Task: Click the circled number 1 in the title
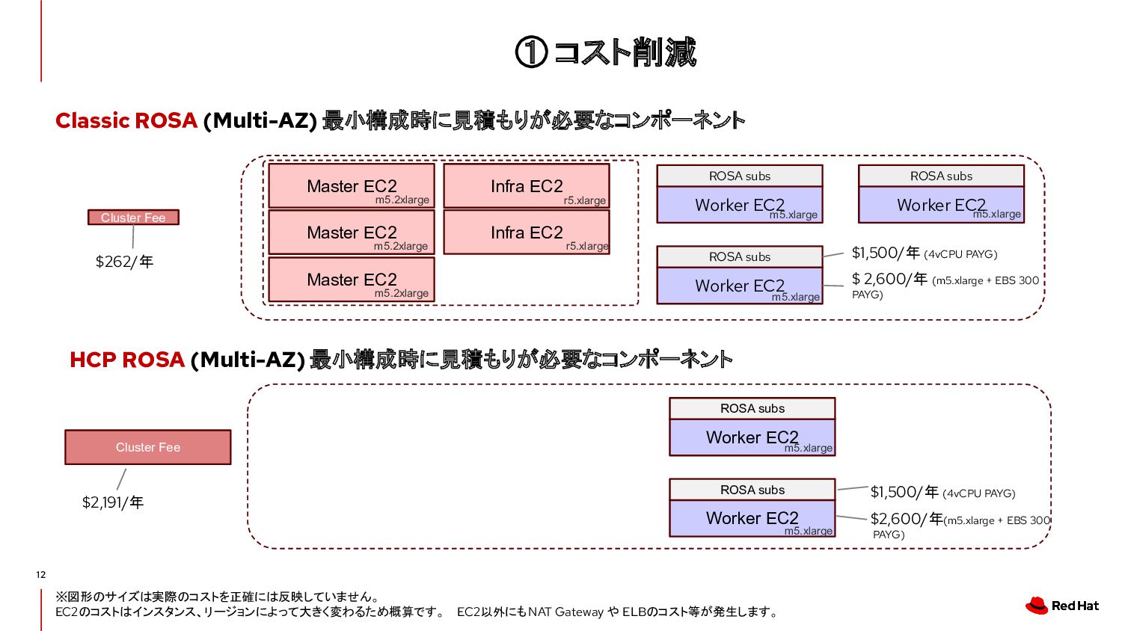(x=531, y=52)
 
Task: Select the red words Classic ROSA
(x=126, y=120)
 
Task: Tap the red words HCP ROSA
(x=127, y=360)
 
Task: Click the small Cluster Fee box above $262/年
(x=133, y=218)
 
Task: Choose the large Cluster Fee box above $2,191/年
(x=148, y=447)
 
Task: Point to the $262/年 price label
(x=124, y=262)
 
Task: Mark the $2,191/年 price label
(x=113, y=502)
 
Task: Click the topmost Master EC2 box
(x=352, y=186)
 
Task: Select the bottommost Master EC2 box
(x=352, y=280)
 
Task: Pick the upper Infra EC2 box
(x=527, y=186)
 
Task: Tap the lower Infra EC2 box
(x=527, y=233)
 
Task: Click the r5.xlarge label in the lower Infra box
(x=587, y=246)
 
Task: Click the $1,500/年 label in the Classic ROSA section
(x=886, y=253)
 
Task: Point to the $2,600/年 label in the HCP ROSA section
(x=906, y=519)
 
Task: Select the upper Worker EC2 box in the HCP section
(x=752, y=437)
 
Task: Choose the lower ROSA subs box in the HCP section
(x=752, y=490)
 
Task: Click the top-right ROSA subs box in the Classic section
(x=941, y=176)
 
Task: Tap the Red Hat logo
(x=1062, y=606)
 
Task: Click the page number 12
(x=41, y=575)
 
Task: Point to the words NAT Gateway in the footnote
(x=565, y=612)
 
